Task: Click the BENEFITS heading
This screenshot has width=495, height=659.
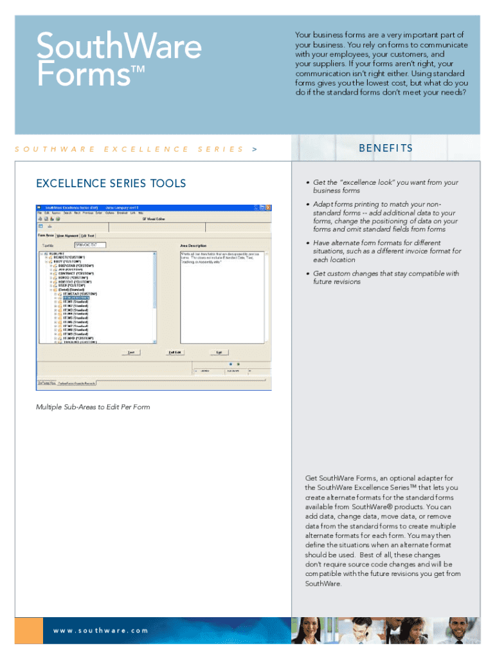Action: pos(386,149)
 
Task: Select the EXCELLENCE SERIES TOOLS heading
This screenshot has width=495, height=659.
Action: pos(111,183)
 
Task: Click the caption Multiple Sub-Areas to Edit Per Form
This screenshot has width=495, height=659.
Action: pos(93,407)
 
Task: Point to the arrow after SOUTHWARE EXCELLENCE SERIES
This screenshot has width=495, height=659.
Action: pos(255,149)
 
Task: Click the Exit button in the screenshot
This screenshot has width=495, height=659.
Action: pos(219,352)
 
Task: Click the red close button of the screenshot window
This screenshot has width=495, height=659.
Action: pos(268,208)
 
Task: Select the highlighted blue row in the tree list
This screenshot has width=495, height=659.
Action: pos(76,298)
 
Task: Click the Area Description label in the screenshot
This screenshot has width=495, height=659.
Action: pos(193,245)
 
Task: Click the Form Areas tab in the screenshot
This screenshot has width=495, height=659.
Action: pos(44,236)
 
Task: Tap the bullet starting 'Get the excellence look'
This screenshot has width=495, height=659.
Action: pos(385,187)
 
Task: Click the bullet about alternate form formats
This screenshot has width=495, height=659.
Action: pos(386,252)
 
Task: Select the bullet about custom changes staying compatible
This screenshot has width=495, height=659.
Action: pos(385,277)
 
